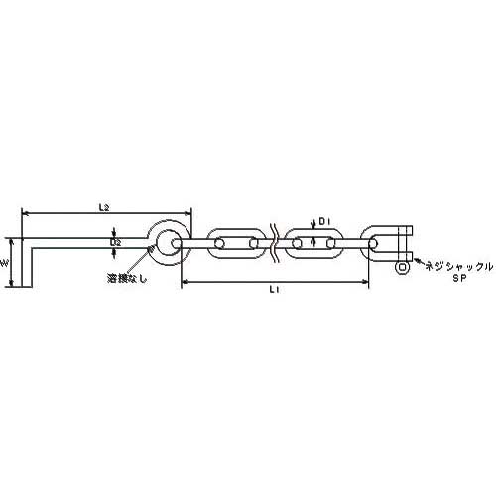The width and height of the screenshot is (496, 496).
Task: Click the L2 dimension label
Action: pos(103,206)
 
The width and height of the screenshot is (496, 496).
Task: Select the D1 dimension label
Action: pos(323,220)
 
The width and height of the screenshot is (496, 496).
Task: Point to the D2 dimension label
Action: pos(115,242)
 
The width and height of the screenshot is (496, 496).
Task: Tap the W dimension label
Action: pos(6,264)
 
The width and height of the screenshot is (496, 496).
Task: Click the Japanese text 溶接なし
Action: pos(126,278)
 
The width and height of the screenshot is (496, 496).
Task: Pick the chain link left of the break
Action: pos(236,242)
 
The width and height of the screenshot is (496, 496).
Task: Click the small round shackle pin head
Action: pos(402,267)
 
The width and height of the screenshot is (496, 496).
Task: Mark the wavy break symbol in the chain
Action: pos(274,242)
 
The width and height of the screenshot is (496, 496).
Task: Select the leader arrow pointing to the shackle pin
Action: pos(414,266)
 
